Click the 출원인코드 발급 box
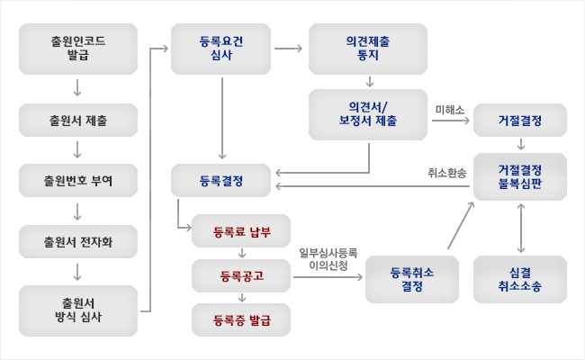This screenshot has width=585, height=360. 78,48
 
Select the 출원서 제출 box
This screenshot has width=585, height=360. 78,121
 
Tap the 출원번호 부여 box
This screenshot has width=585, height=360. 78,181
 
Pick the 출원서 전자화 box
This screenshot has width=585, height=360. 78,241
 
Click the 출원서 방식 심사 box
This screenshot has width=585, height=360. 78,310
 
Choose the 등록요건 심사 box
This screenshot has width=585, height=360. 220,48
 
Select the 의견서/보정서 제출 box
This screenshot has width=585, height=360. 369,114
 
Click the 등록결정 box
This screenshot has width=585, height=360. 220,181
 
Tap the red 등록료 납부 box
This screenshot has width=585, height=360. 241,231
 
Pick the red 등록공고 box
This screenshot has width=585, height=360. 241,274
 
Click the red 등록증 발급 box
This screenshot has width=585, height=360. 241,319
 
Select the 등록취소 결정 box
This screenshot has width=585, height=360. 412,279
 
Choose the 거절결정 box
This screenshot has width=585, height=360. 520,121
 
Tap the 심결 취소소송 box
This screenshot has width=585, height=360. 520,279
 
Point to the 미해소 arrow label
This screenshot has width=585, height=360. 448,109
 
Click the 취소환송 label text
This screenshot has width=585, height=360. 447,172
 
